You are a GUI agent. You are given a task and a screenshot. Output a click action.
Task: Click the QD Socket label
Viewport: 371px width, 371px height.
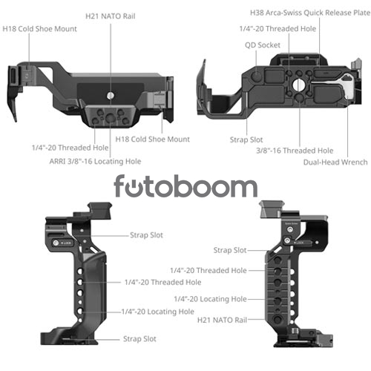click(263, 45)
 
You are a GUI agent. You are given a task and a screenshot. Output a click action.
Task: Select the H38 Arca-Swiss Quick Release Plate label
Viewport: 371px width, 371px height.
click(310, 13)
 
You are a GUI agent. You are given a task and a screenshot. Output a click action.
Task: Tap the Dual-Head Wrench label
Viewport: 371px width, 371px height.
click(335, 162)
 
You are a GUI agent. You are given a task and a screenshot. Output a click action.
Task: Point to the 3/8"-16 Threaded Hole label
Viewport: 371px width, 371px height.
click(295, 151)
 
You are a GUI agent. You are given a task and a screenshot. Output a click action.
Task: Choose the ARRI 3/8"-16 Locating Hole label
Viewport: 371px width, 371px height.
click(95, 161)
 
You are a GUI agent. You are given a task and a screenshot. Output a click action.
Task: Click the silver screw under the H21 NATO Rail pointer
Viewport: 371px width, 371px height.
click(111, 96)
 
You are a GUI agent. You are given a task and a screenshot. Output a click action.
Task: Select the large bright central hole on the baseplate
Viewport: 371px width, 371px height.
click(299, 85)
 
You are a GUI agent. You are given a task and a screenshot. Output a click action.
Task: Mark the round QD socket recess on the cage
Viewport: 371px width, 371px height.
click(257, 76)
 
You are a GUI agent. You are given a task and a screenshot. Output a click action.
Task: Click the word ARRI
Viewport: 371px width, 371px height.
click(58, 161)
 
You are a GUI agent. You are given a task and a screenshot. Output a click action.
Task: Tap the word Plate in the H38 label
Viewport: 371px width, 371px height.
click(361, 13)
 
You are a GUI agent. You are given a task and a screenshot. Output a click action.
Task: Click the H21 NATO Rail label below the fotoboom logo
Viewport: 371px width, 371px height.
click(222, 320)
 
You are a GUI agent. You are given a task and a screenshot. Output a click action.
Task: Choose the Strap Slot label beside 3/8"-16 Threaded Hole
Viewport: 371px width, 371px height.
click(246, 139)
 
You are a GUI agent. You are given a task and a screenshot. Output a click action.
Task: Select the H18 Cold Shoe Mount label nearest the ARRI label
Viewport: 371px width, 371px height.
click(152, 139)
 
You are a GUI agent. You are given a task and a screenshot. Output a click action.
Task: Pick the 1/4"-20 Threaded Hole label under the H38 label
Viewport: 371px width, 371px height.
click(278, 29)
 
